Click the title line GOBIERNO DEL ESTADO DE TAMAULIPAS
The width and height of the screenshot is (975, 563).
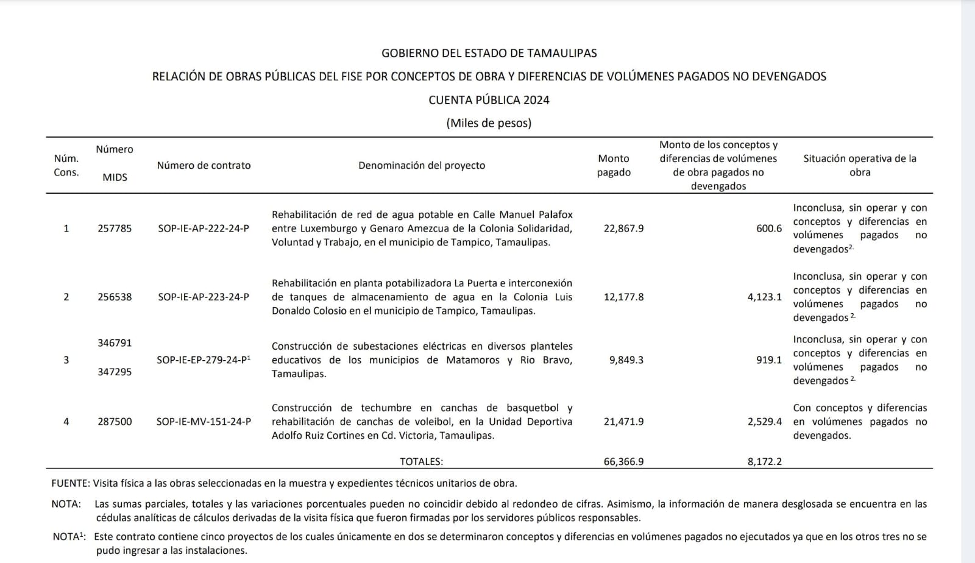pyautogui.click(x=489, y=53)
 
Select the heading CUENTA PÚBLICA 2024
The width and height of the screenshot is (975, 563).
pyautogui.click(x=489, y=100)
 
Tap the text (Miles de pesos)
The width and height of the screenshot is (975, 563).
pyautogui.click(x=489, y=123)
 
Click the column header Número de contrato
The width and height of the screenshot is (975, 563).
pyautogui.click(x=204, y=165)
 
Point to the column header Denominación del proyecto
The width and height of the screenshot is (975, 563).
pyautogui.click(x=422, y=165)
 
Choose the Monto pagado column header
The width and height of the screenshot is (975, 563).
pyautogui.click(x=614, y=165)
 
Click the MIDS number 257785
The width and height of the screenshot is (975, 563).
pyautogui.click(x=115, y=228)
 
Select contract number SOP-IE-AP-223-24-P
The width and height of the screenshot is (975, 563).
pyautogui.click(x=204, y=297)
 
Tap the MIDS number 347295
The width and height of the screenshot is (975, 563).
pyautogui.click(x=115, y=372)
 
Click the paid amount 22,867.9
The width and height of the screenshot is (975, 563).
pyautogui.click(x=623, y=228)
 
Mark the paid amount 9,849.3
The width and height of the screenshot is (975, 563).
pyautogui.click(x=626, y=360)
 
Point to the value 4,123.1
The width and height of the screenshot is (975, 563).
pyautogui.click(x=765, y=297)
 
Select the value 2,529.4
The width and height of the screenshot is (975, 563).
pyautogui.click(x=765, y=422)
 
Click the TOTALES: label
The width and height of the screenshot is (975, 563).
pyautogui.click(x=421, y=461)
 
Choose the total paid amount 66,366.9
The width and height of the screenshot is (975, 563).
pyautogui.click(x=623, y=461)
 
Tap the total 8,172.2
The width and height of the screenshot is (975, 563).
pyautogui.click(x=765, y=461)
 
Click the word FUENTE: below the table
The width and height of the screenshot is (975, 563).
pyautogui.click(x=71, y=483)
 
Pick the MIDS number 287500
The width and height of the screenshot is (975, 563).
pyautogui.click(x=115, y=422)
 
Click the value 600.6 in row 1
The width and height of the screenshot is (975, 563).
pyautogui.click(x=769, y=228)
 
